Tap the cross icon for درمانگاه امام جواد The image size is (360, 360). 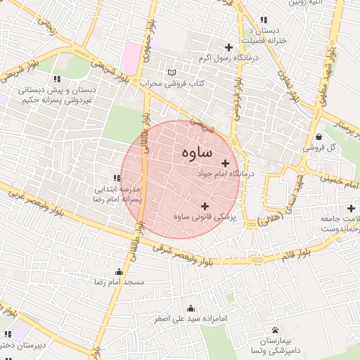(224, 163)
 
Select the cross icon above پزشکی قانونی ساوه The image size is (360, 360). (205, 206)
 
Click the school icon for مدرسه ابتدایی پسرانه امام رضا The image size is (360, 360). (117, 179)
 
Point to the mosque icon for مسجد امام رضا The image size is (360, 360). (119, 271)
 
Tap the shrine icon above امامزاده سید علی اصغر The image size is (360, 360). (190, 308)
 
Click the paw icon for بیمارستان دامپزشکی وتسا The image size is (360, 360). (275, 330)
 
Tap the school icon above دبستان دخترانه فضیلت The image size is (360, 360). (264, 20)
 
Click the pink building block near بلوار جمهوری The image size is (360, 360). (131, 57)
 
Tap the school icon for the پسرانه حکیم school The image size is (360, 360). (56, 79)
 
